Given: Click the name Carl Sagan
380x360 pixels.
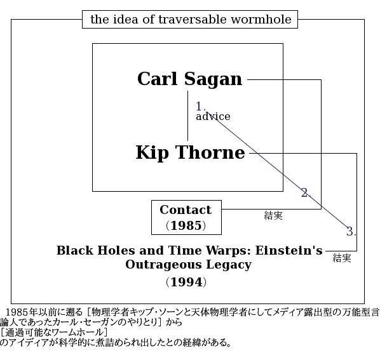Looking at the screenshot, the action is [189, 79].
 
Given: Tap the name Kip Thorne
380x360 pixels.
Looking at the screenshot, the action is [190, 153].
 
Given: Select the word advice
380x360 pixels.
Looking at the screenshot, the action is [213, 117].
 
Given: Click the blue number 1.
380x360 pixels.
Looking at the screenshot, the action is [200, 107].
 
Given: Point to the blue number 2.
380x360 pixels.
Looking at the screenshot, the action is [306, 193].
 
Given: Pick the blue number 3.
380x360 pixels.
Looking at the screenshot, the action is [351, 231].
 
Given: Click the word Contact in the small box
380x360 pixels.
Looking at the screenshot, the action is [186, 210].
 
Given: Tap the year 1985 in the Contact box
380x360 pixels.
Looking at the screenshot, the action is [186, 225].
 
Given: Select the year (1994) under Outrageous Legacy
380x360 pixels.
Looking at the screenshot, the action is [186, 282].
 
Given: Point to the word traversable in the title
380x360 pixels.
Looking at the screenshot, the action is [193, 20].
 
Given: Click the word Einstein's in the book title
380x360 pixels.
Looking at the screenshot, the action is [289, 250].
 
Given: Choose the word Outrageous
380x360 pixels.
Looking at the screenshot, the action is [163, 265].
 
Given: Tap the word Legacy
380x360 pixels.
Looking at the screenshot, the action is [229, 265].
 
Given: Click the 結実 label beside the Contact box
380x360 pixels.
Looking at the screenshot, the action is [273, 215].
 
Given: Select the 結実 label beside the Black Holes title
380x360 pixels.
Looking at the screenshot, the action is [342, 258].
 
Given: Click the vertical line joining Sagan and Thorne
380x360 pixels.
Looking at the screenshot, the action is [188, 116].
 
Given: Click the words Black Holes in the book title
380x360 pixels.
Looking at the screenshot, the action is [96, 250].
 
